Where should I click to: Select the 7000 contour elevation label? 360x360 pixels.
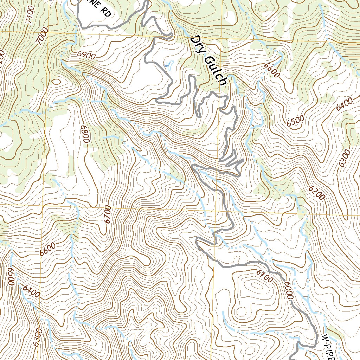[43, 38]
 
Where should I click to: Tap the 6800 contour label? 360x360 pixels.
[83, 134]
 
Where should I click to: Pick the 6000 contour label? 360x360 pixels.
[287, 290]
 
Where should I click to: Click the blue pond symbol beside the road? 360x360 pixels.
[169, 65]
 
